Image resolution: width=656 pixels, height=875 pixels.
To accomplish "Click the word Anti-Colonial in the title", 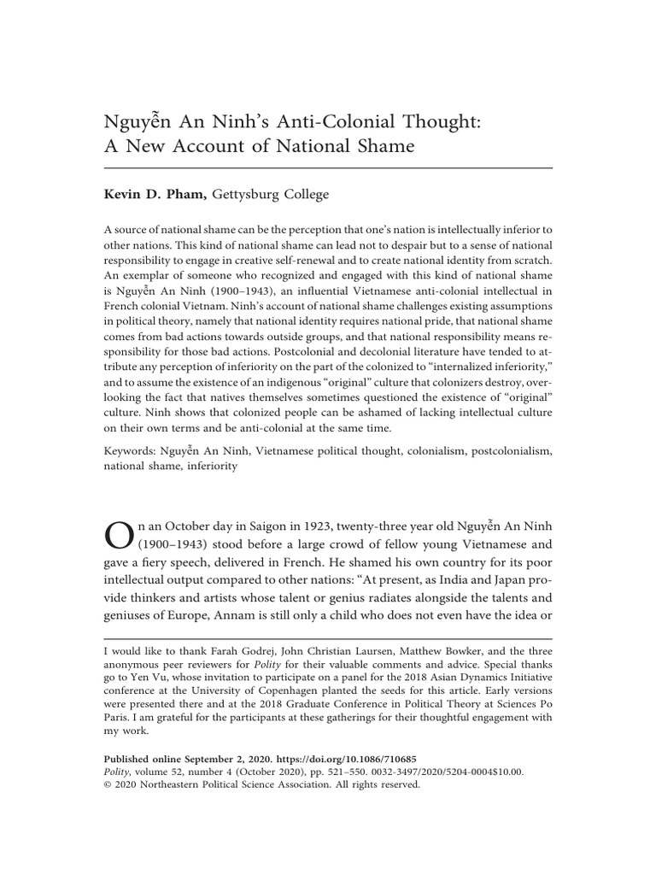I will click(x=291, y=121).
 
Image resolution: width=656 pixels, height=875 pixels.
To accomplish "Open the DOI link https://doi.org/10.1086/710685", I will click(x=331, y=758).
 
